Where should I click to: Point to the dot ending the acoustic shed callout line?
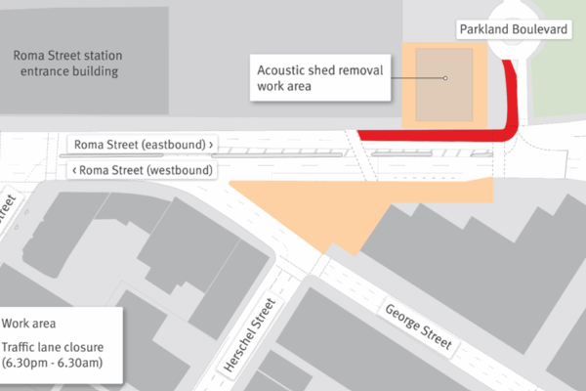click(444, 78)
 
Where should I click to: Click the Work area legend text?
click(29, 323)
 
